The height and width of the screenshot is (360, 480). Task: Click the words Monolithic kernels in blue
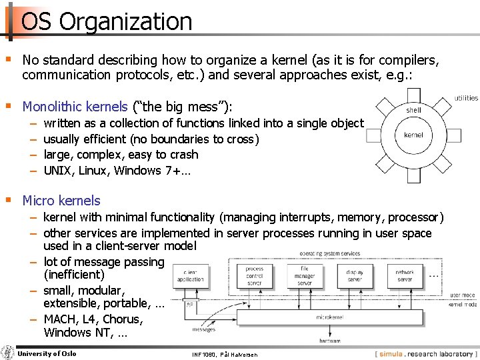click(x=75, y=107)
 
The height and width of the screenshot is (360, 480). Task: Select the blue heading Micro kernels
click(x=61, y=201)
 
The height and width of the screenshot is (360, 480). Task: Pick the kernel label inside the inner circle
click(x=413, y=135)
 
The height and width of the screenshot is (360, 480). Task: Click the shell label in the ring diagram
click(x=413, y=109)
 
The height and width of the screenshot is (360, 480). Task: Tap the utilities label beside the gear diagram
click(x=466, y=98)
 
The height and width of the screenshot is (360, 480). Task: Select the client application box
click(x=191, y=277)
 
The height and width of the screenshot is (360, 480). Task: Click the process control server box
click(x=254, y=276)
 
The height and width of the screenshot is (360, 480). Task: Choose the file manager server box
click(x=304, y=275)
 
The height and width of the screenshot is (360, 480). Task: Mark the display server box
click(x=355, y=275)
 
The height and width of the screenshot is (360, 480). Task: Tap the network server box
click(x=405, y=275)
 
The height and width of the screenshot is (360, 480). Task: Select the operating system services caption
click(x=330, y=253)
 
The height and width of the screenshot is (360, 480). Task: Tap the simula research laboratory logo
click(x=427, y=353)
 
